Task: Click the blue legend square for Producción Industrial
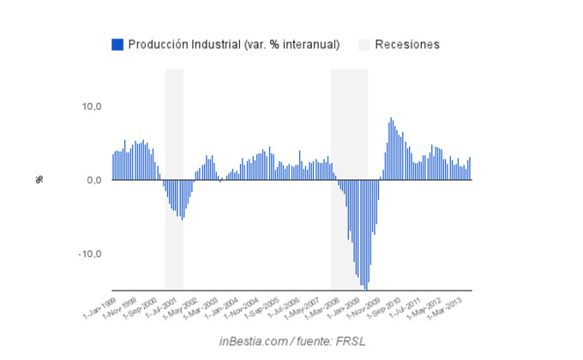(117, 45)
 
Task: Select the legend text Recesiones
(407, 45)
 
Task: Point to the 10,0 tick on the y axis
(92, 106)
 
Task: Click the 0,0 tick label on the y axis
(93, 180)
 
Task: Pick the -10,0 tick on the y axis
(90, 254)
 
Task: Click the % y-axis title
(39, 179)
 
